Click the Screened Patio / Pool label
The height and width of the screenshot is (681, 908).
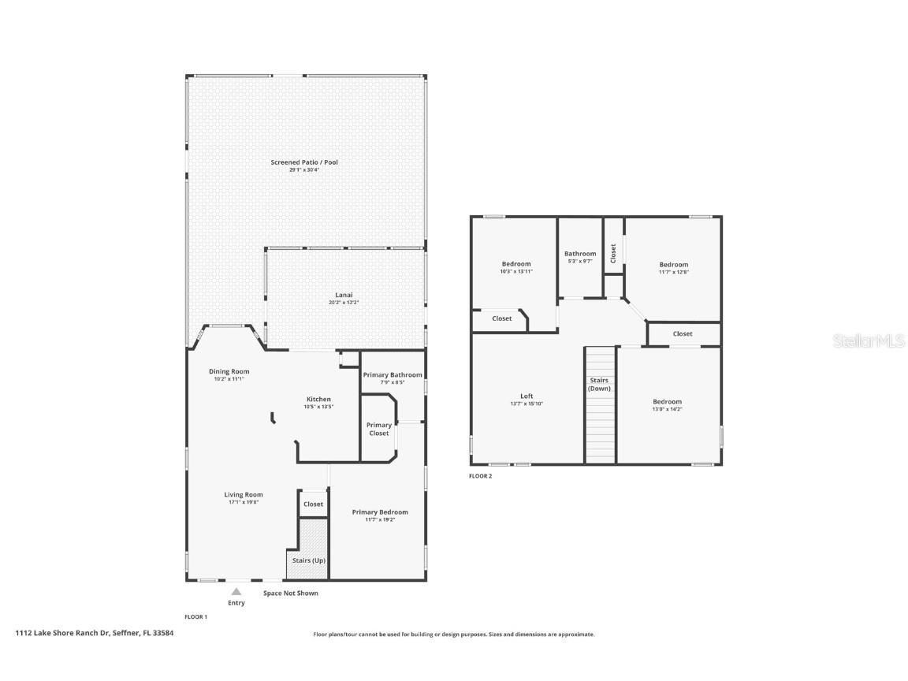(304, 162)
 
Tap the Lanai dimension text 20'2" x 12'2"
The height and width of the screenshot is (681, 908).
(337, 303)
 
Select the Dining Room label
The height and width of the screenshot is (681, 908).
(229, 371)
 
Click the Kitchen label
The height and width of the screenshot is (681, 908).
(318, 399)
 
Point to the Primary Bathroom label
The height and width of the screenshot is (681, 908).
(392, 375)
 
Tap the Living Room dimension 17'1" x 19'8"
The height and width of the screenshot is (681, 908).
(243, 502)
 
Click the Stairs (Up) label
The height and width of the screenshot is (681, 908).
(308, 560)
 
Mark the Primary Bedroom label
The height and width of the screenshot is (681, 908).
(380, 512)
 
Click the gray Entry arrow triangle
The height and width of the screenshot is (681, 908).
(236, 590)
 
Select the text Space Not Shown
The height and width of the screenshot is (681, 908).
(291, 593)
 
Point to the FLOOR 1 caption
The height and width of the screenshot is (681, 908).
(195, 616)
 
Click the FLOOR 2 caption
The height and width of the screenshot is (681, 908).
(480, 476)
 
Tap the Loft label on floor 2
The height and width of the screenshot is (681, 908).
(527, 396)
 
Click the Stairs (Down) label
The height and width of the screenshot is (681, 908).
(600, 384)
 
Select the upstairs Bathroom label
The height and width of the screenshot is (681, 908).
(580, 254)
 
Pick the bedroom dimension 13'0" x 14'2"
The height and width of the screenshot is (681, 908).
(667, 409)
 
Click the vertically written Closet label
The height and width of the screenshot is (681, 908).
(613, 252)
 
